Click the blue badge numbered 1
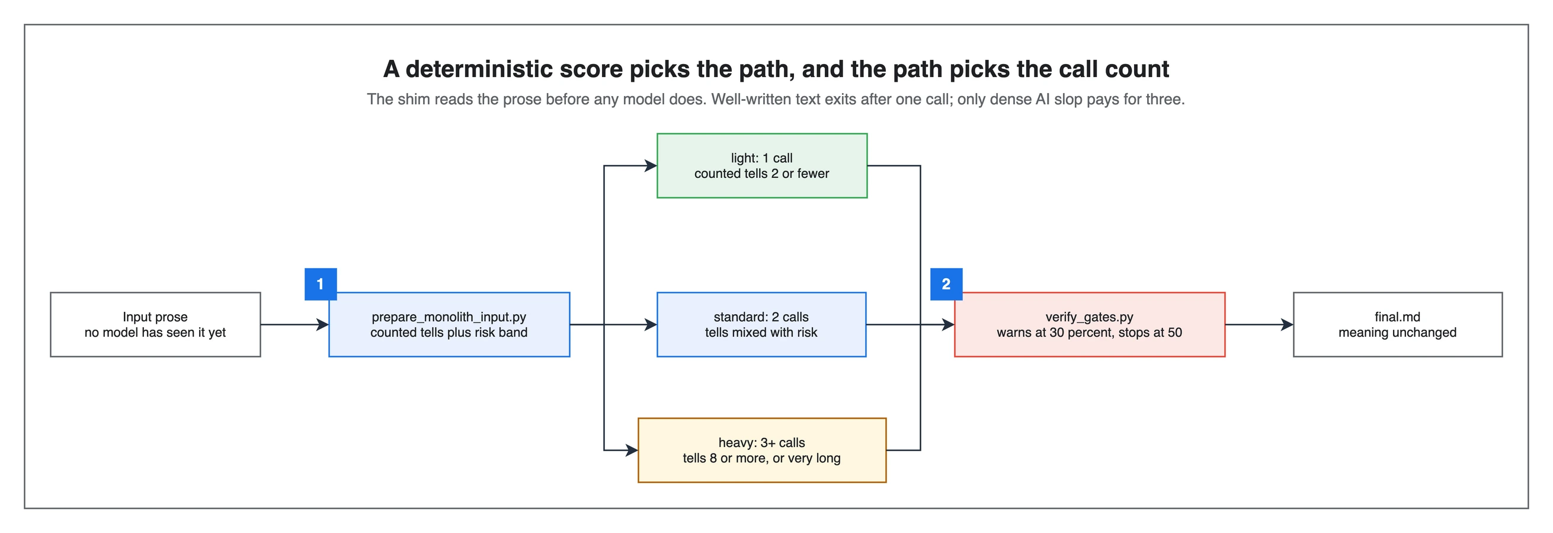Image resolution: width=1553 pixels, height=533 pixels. coord(320,284)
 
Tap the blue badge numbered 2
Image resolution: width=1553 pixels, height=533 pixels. coord(946,284)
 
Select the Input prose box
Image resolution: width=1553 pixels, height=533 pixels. coord(156,324)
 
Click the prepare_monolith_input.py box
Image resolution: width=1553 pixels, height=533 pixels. coord(449,324)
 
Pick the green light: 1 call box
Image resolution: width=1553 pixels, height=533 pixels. coord(762,166)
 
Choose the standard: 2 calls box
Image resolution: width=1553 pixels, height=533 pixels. coord(761,324)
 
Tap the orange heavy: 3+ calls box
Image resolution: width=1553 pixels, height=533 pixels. coord(762,451)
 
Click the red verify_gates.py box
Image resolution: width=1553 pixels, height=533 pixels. coord(1090,324)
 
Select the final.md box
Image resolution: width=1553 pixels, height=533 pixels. coord(1397,324)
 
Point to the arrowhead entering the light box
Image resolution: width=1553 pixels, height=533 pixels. coord(651,166)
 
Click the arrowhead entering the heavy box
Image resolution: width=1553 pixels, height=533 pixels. coord(632,451)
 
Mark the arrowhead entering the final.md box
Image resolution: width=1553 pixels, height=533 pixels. coord(1287,324)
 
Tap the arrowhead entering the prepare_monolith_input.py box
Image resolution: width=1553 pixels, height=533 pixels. coord(322,324)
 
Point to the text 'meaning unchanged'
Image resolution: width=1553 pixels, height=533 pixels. coord(1397,332)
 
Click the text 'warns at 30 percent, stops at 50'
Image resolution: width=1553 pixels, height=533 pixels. coord(1090,332)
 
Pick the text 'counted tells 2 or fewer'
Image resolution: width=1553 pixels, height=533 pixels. coord(762,174)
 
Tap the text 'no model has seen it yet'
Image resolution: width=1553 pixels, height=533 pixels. coord(156,332)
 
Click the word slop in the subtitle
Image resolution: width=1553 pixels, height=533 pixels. coord(1069,99)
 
